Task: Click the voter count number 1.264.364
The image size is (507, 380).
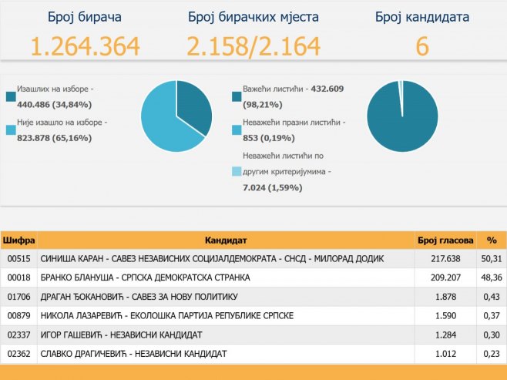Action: pyautogui.click(x=85, y=48)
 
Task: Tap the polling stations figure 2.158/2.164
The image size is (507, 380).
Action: pyautogui.click(x=253, y=48)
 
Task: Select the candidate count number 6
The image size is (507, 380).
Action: pyautogui.click(x=421, y=48)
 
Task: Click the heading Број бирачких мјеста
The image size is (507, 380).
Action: pyautogui.click(x=253, y=17)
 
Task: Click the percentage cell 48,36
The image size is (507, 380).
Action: pyautogui.click(x=489, y=277)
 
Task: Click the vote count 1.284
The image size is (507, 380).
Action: pyautogui.click(x=448, y=335)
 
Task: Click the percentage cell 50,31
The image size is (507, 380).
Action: pyautogui.click(x=489, y=258)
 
